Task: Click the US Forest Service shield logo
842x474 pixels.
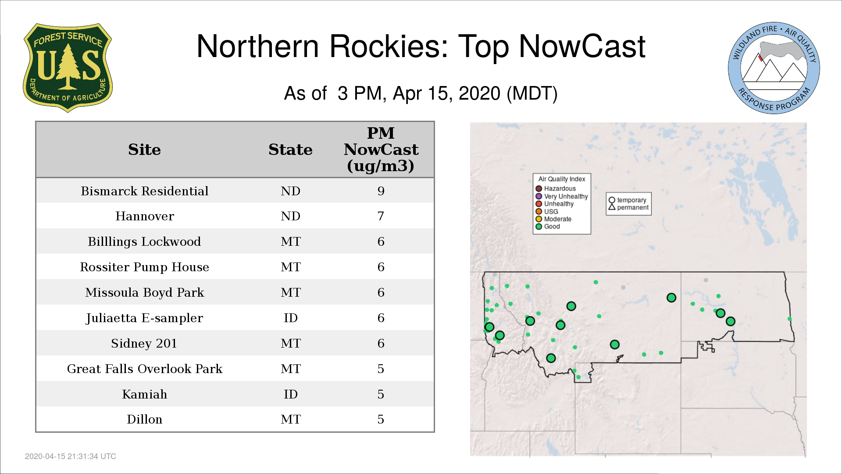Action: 68,68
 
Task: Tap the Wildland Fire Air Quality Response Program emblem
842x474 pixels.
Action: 774,68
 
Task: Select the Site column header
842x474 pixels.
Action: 144,150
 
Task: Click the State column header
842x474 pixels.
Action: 290,150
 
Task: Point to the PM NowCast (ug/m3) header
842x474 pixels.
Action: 381,149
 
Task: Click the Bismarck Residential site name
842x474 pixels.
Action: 144,191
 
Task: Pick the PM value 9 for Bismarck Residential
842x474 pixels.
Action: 381,191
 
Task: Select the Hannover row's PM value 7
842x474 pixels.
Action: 381,216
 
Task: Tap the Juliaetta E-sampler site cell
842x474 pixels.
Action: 144,318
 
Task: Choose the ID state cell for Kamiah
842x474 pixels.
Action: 290,394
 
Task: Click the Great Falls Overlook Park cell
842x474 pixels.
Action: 144,369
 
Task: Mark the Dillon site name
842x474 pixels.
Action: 144,419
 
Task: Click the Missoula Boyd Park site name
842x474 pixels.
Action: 144,292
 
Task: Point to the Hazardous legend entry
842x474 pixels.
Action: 556,189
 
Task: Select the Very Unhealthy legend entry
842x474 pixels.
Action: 562,196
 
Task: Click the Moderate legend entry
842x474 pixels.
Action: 553,219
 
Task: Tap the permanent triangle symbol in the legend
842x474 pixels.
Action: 612,207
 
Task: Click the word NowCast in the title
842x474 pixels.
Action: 582,47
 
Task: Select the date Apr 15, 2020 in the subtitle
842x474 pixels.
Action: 446,93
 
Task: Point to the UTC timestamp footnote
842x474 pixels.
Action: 71,456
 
